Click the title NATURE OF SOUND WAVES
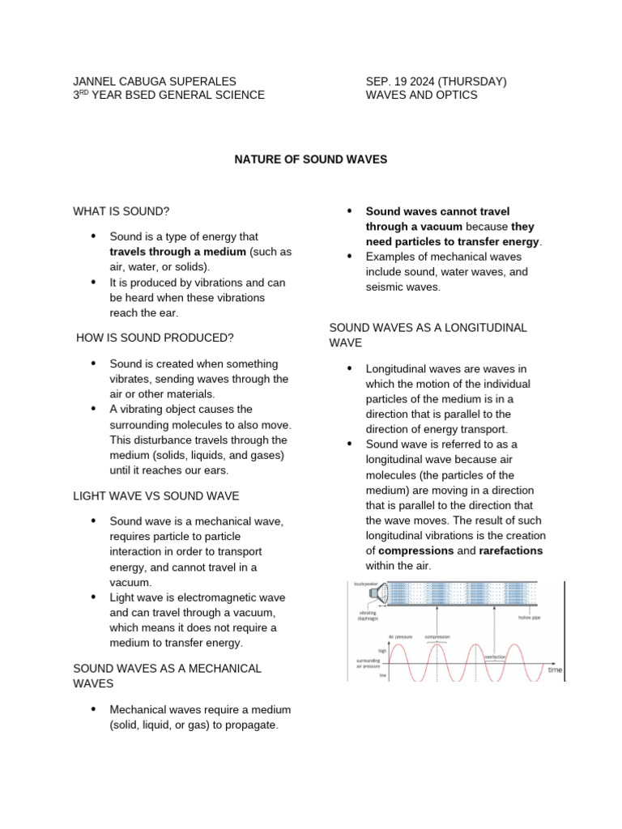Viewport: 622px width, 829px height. tap(311, 159)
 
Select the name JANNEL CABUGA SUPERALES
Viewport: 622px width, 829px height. tap(155, 82)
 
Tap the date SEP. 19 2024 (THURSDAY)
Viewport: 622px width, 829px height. tap(436, 82)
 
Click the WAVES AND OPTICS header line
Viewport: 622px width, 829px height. tap(421, 95)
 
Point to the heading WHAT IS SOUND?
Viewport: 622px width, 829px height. tap(121, 211)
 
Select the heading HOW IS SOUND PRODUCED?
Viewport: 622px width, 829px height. tap(155, 338)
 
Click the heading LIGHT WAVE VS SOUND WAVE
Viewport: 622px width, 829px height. tap(156, 495)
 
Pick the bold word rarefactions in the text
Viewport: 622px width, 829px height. tap(510, 551)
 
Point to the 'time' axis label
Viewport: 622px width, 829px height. tap(556, 670)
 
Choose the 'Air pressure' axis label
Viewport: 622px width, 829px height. tap(400, 637)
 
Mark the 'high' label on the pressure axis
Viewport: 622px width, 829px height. tap(382, 649)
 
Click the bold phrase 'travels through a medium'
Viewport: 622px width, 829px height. tap(178, 251)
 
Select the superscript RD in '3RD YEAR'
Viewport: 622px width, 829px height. tap(85, 92)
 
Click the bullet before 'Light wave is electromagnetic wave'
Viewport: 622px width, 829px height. tap(93, 597)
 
